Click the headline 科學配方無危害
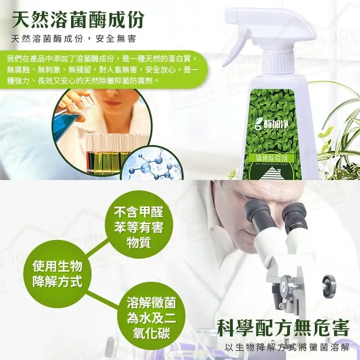click(283, 328)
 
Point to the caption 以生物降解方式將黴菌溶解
click(288, 347)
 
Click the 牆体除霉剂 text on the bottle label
click(274, 157)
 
